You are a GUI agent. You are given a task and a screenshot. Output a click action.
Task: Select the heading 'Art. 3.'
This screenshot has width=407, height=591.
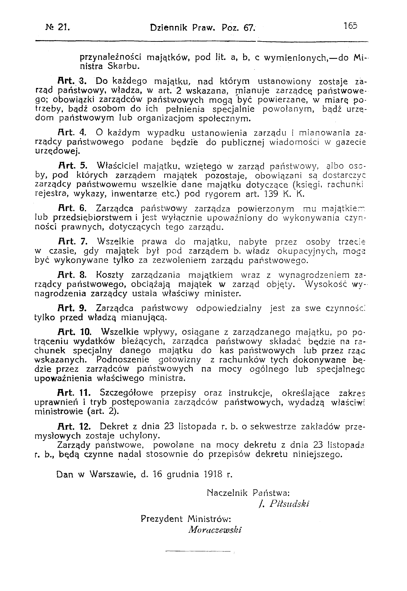(x=72, y=82)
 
